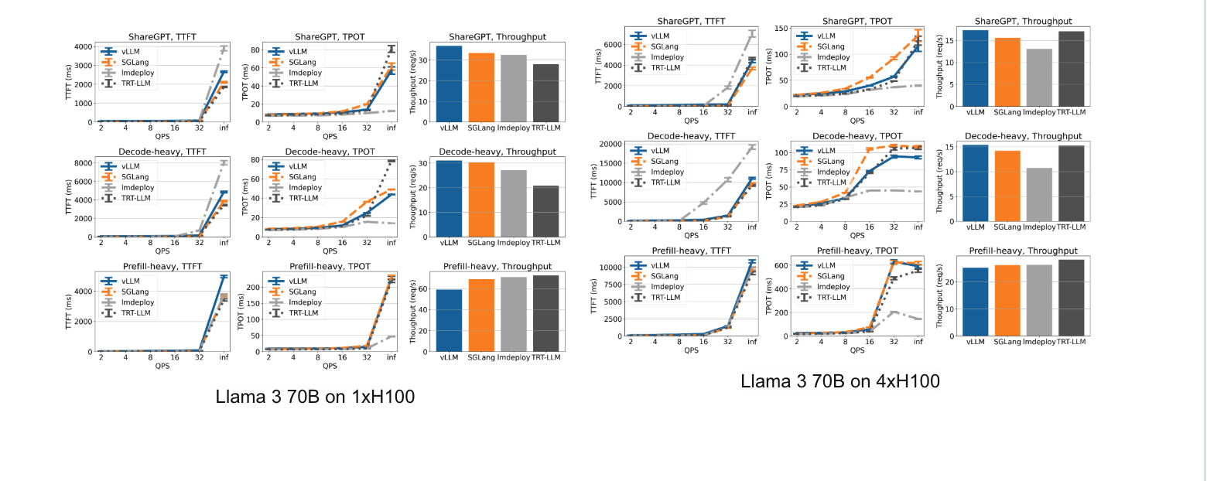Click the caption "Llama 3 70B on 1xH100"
(316, 397)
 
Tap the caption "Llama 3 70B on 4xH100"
(840, 380)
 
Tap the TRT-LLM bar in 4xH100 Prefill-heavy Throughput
(1072, 297)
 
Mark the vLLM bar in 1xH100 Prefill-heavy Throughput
(449, 320)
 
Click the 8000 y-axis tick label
(85, 162)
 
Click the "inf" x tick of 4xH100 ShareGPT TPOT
(918, 111)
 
